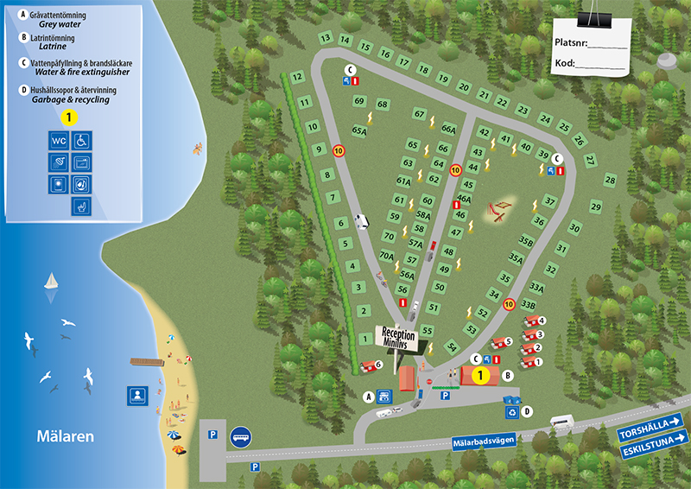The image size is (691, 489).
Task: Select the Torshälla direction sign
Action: [650, 421]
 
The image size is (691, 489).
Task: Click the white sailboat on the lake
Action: [52, 282]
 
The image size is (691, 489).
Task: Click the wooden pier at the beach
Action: [147, 362]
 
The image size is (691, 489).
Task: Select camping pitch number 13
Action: [326, 38]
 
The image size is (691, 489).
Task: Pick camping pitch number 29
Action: [596, 206]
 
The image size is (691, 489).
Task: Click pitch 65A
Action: [359, 130]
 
